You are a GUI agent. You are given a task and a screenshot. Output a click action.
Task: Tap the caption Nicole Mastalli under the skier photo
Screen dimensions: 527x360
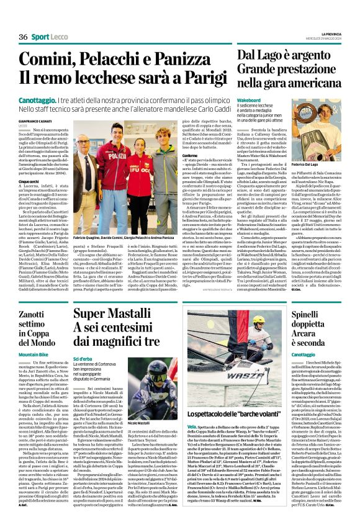pyautogui.click(x=140, y=423)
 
